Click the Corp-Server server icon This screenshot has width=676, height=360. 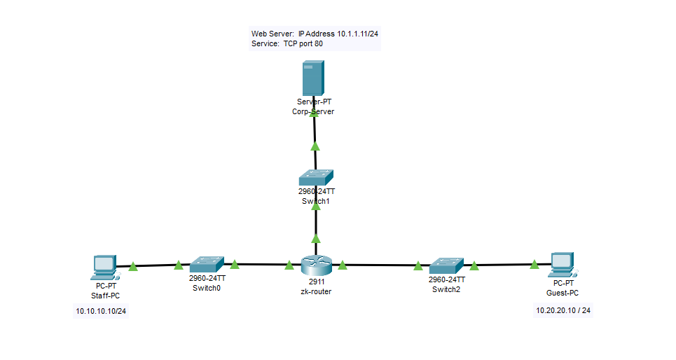313,78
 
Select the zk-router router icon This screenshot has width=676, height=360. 315,265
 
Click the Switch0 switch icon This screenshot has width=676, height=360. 207,264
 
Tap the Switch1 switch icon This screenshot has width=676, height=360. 315,177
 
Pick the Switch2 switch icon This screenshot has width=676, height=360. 446,265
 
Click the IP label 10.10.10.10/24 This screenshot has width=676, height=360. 101,311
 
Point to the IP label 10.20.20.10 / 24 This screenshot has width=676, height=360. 563,310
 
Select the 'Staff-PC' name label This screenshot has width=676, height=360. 105,296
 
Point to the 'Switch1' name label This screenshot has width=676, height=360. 315,201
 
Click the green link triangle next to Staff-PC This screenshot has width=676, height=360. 133,266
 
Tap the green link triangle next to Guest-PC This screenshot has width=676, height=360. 534,265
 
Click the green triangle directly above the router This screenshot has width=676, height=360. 315,240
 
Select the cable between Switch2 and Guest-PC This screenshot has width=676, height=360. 504,265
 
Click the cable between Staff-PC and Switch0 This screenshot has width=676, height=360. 156,265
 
